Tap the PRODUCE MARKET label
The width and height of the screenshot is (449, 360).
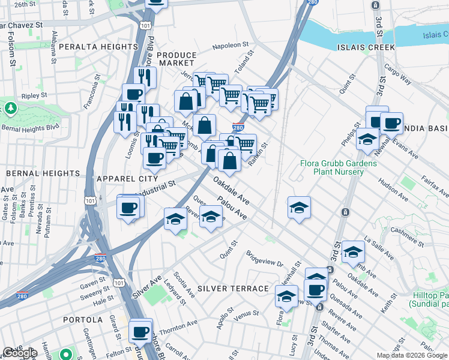(176, 59)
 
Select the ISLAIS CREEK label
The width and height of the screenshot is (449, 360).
(366, 47)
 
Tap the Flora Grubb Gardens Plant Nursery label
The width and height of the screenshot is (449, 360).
(340, 167)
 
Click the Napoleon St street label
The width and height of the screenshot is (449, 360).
(231, 45)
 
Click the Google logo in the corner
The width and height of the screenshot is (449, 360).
(20, 353)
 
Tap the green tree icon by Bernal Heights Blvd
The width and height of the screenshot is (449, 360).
(10, 109)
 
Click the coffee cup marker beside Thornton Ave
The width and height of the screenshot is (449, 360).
(141, 331)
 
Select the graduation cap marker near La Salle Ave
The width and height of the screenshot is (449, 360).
(354, 251)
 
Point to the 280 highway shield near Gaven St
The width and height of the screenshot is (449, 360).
(100, 259)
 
